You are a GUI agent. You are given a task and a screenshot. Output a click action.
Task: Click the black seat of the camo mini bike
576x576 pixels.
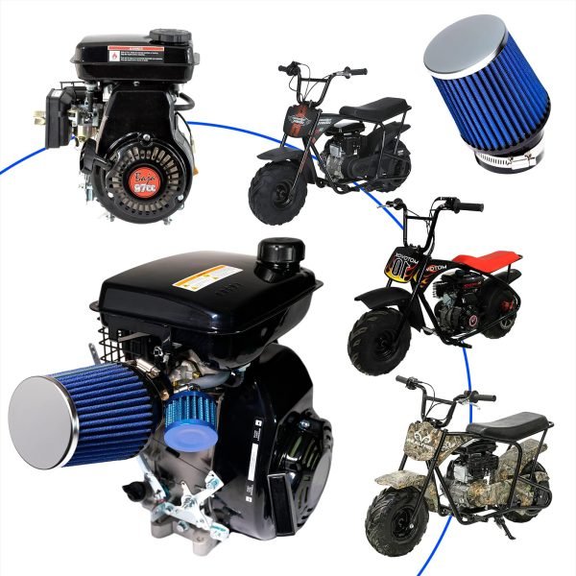click(518, 423)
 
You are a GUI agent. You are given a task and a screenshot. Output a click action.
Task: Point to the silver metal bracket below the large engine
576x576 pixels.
click(178, 504)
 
